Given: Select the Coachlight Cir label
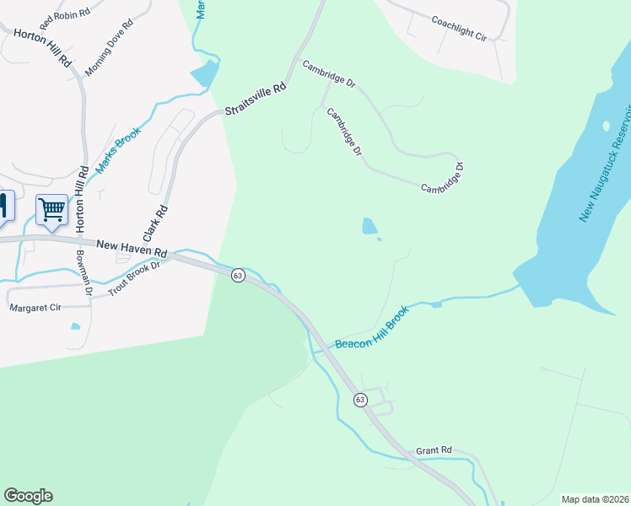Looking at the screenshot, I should click(x=459, y=30).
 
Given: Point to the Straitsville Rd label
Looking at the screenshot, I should click(x=256, y=100).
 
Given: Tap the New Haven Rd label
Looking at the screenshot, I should click(x=132, y=248).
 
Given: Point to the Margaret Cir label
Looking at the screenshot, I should click(x=35, y=308).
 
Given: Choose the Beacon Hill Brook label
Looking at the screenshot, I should click(x=372, y=328).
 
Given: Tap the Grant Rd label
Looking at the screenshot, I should click(x=434, y=451).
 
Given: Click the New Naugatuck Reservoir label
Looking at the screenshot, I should click(x=605, y=165).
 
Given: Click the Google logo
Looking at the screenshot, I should click(x=28, y=496).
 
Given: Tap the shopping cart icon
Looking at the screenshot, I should click(x=52, y=209).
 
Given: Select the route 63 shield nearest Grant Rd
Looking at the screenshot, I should click(x=361, y=400).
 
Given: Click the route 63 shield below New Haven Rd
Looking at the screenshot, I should click(x=239, y=276).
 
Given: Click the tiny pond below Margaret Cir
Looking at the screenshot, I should click(x=76, y=326).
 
